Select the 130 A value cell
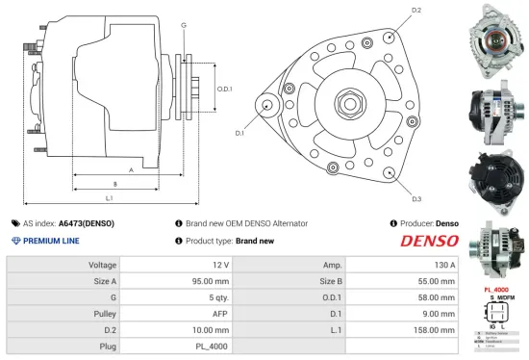(x=441, y=265)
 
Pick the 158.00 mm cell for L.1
(x=435, y=330)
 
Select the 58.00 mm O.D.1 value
(x=437, y=297)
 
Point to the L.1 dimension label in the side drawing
(x=109, y=198)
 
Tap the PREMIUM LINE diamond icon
(x=15, y=242)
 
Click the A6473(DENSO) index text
(x=88, y=223)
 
